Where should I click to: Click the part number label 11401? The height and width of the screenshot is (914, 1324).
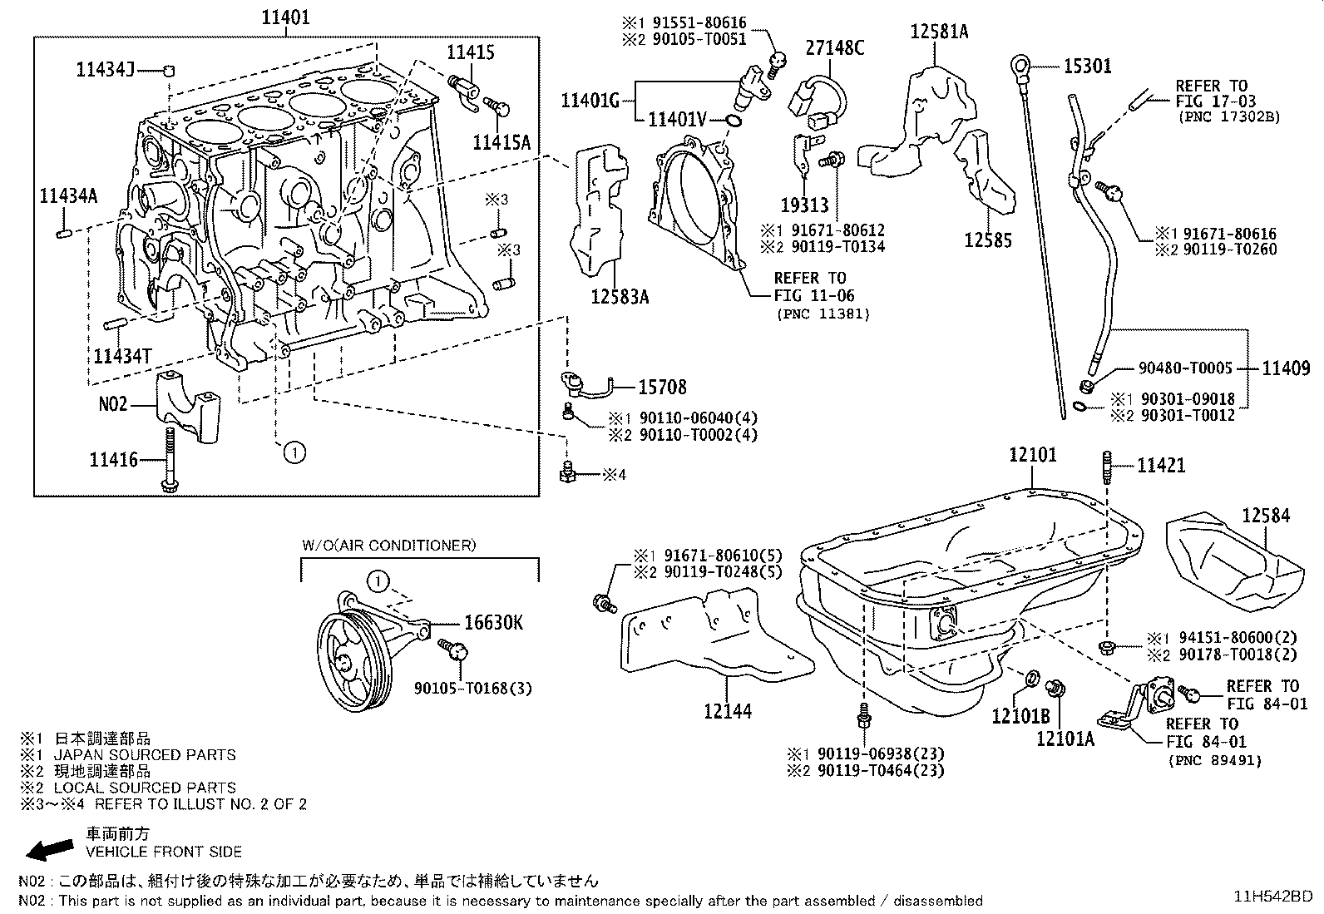tap(285, 17)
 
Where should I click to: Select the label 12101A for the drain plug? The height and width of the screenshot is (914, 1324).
tap(1065, 739)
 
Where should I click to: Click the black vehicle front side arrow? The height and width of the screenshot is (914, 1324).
tap(50, 850)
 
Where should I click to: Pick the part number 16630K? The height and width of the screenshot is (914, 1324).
tap(493, 623)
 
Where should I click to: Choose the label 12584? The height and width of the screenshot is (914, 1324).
tap(1266, 516)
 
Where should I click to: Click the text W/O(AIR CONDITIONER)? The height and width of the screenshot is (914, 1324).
tap(389, 545)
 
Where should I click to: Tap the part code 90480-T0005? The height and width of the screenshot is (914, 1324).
tap(1185, 368)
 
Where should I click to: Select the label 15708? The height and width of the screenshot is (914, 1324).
tap(663, 388)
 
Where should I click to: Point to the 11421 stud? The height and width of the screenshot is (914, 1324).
tap(1107, 467)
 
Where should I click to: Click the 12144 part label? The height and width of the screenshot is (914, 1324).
tap(728, 711)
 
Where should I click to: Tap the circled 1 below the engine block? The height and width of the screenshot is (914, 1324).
tap(294, 453)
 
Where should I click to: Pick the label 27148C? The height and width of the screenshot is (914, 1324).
tap(835, 47)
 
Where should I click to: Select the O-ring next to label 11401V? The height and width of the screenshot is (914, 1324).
tap(733, 121)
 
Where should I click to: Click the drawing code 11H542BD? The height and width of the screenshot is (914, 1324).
tap(1272, 897)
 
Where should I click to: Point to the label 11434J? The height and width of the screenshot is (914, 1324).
tap(105, 71)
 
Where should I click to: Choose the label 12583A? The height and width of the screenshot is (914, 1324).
tap(620, 297)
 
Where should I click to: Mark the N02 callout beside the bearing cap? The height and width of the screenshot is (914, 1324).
tap(113, 404)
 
